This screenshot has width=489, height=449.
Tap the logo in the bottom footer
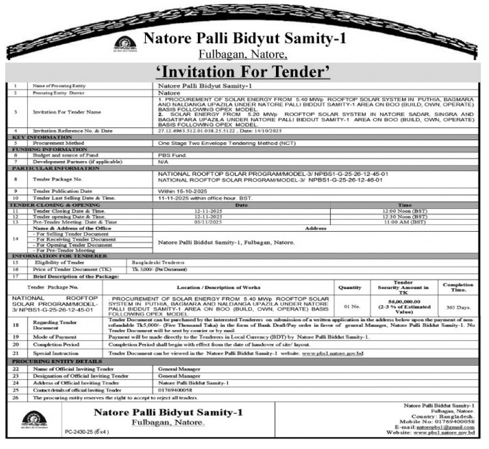pyautogui.click(x=34, y=419)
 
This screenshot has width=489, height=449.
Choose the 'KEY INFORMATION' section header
pyautogui.click(x=35, y=137)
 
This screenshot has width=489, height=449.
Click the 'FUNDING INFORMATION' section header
pyautogui.click(x=41, y=149)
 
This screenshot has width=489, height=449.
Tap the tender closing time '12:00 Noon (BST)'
pyautogui.click(x=405, y=210)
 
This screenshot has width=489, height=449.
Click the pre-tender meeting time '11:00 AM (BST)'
pyautogui.click(x=405, y=222)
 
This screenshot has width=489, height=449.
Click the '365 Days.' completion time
pyautogui.click(x=458, y=308)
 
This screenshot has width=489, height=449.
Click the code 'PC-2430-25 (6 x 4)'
pyautogui.click(x=87, y=432)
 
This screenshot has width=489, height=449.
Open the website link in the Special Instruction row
pyautogui.click(x=332, y=354)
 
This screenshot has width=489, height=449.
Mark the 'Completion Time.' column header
pyautogui.click(x=458, y=287)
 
